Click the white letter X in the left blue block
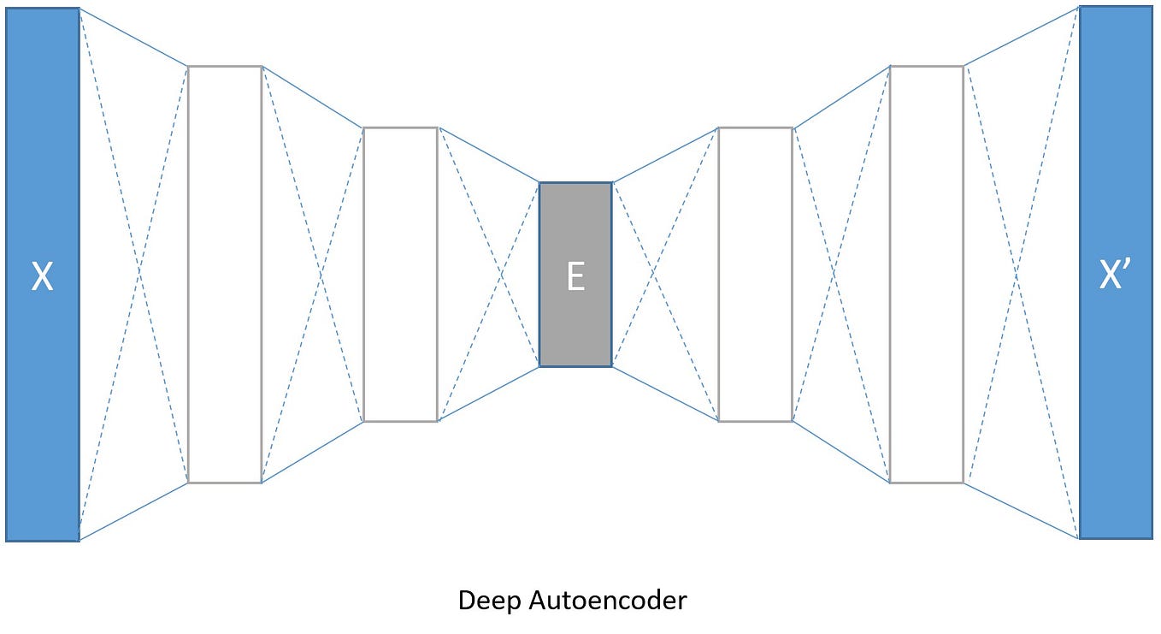coord(42,276)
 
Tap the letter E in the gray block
coord(575,276)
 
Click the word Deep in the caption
coord(486,601)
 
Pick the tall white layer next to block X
coord(224,274)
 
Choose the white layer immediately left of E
coord(400,274)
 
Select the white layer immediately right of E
coord(755,274)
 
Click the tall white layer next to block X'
coord(927,274)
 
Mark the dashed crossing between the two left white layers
coord(321,274)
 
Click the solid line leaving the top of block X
coord(133,37)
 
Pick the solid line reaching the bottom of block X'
coord(1022,511)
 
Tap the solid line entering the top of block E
coord(488,155)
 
